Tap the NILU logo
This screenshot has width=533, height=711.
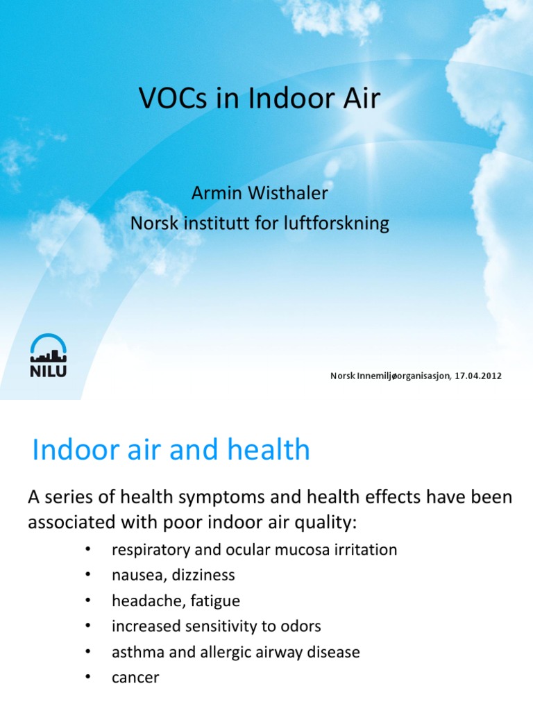(48, 355)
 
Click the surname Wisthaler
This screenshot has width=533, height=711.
(289, 194)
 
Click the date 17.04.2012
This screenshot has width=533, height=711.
(478, 376)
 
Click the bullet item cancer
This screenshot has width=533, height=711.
(135, 678)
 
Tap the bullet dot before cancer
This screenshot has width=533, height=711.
(87, 677)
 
